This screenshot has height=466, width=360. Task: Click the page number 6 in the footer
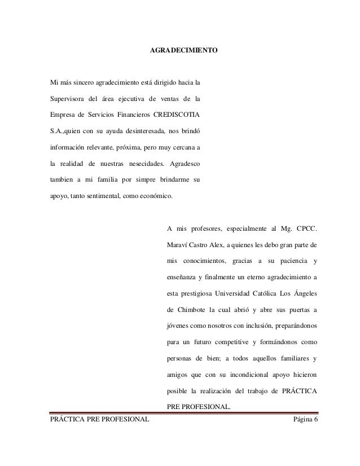click(x=316, y=417)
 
